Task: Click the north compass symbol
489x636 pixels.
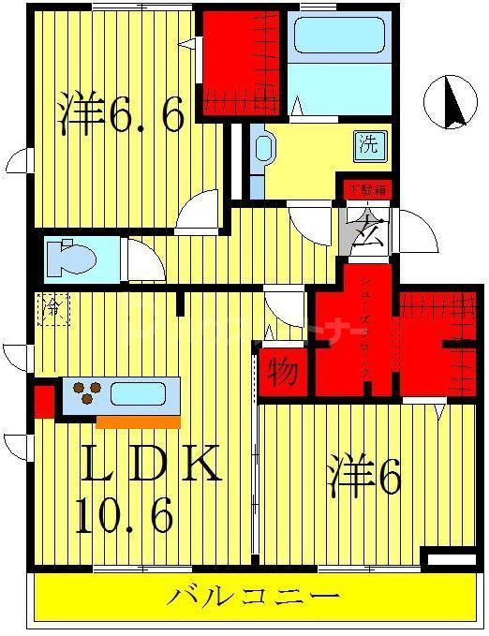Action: [449, 103]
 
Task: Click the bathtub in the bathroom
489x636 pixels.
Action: [339, 37]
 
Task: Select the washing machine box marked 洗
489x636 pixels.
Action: [368, 145]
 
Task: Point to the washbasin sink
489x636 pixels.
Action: [263, 149]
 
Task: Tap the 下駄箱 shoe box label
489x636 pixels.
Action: [366, 189]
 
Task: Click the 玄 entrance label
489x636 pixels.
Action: [367, 228]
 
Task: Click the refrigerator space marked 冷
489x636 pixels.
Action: [52, 308]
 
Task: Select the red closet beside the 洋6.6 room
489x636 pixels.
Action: [241, 60]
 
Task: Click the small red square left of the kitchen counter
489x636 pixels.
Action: [43, 400]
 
